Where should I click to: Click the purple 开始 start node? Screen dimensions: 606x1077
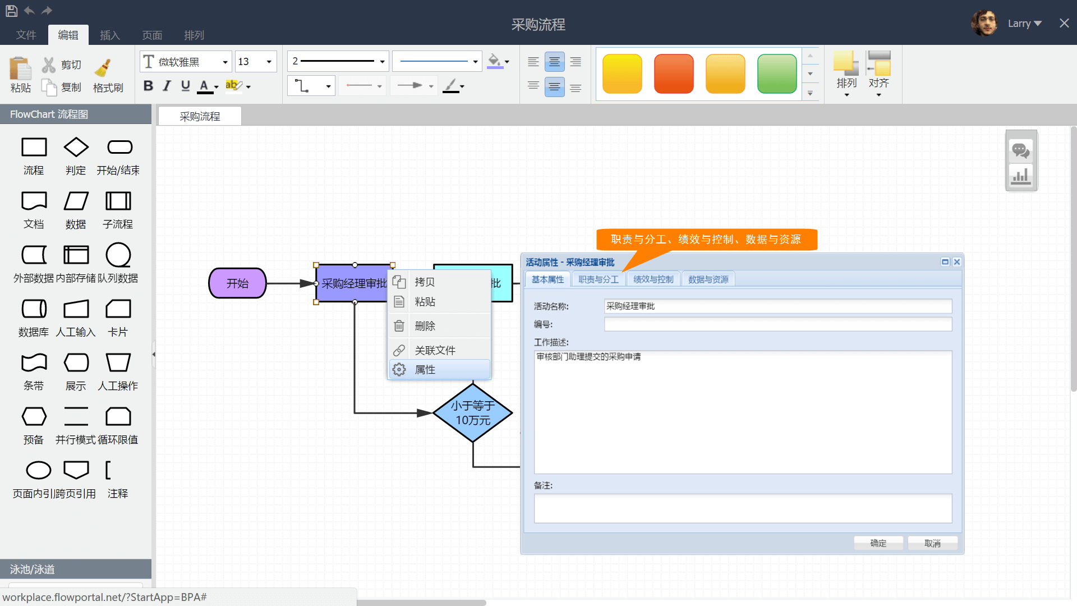pyautogui.click(x=237, y=283)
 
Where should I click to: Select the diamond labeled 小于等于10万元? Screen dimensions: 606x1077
pyautogui.click(x=472, y=413)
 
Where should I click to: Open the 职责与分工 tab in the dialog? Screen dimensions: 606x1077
pyautogui.click(x=598, y=279)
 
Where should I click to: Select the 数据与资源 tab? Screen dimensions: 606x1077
pyautogui.click(x=708, y=279)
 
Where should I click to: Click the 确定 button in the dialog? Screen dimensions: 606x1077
pyautogui.click(x=878, y=543)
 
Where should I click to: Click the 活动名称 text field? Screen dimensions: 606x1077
pyautogui.click(x=777, y=306)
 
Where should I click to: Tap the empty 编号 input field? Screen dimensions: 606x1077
pyautogui.click(x=777, y=324)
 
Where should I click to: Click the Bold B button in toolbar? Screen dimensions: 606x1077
pyautogui.click(x=148, y=86)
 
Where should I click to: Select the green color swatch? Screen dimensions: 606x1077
pyautogui.click(x=776, y=74)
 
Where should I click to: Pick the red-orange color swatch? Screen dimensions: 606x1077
pyautogui.click(x=674, y=74)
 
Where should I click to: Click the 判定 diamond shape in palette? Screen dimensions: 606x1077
pyautogui.click(x=76, y=148)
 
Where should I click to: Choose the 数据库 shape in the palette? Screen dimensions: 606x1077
pyautogui.click(x=34, y=309)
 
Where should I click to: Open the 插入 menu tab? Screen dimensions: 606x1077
pyautogui.click(x=110, y=35)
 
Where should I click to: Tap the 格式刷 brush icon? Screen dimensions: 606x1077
pyautogui.click(x=104, y=68)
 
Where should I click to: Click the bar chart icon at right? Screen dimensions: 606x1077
pyautogui.click(x=1020, y=176)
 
